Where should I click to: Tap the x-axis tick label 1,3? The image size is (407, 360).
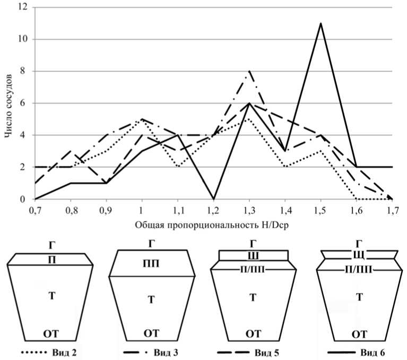click(x=249, y=211)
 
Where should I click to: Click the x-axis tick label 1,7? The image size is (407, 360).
click(x=392, y=211)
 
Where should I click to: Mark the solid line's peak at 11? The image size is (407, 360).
click(x=321, y=23)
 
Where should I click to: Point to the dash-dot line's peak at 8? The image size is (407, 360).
click(x=249, y=71)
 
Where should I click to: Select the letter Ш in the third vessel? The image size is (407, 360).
click(x=254, y=256)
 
